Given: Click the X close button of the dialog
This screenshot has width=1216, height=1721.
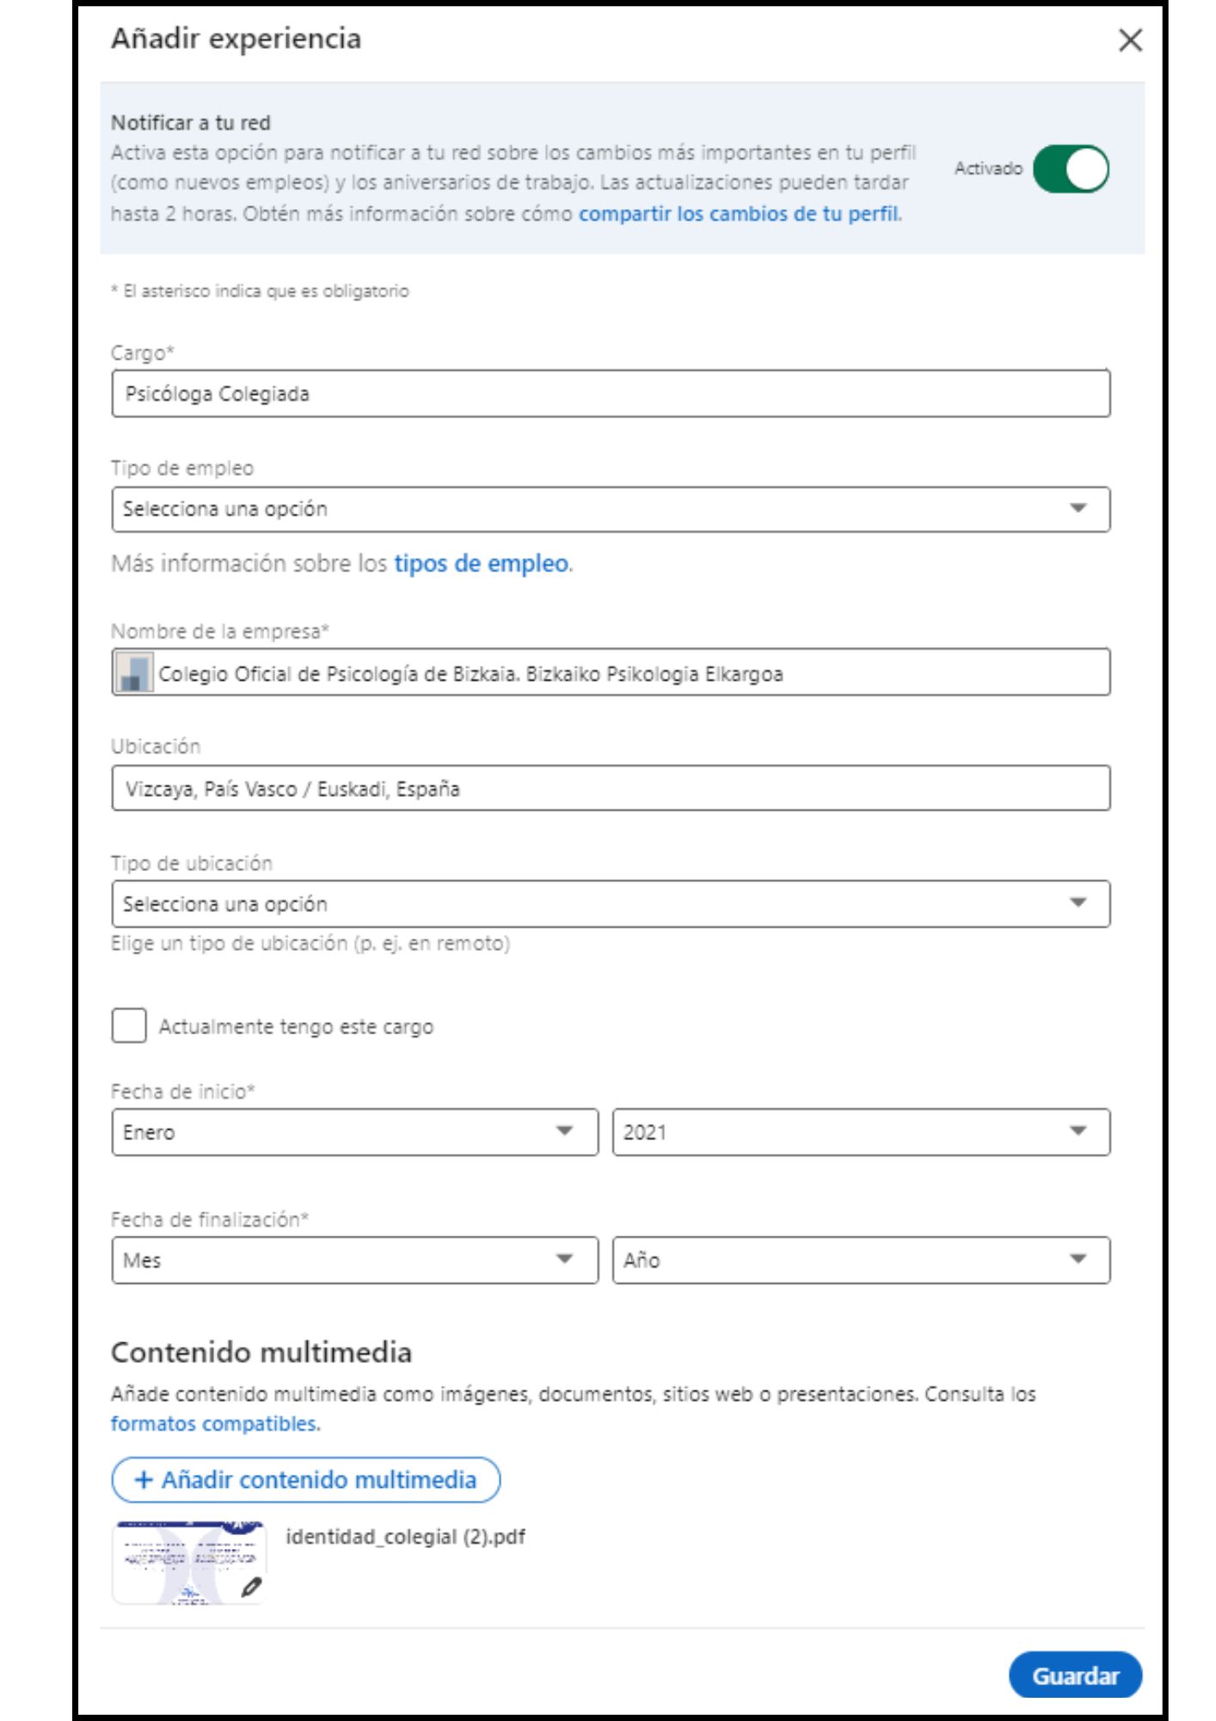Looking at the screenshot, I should [1130, 40].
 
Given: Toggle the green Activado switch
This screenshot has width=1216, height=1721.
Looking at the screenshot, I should [1071, 169].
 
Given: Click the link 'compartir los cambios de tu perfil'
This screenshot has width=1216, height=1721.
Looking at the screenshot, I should [739, 213].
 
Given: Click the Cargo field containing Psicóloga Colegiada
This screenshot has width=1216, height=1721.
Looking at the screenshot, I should [611, 394].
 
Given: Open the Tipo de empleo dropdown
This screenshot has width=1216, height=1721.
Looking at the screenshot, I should [611, 509].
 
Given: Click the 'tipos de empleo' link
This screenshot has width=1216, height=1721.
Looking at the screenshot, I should [481, 564].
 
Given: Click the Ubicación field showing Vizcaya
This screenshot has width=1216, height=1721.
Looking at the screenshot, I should [611, 788].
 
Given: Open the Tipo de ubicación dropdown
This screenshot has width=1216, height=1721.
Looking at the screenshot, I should [611, 904].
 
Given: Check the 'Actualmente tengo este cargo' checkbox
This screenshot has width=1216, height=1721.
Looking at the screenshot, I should [129, 1026].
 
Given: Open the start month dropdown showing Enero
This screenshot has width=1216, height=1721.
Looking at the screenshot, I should [354, 1132].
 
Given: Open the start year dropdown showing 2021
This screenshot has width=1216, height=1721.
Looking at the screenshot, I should [860, 1132].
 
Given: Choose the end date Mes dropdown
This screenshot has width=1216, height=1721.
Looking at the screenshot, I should [354, 1261].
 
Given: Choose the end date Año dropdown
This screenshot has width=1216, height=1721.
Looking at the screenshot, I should [860, 1261].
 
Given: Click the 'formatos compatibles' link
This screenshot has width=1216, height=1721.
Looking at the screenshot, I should [213, 1424].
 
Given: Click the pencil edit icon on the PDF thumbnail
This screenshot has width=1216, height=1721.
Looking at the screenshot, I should [250, 1587].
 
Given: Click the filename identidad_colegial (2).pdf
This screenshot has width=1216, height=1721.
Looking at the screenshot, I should [405, 1537].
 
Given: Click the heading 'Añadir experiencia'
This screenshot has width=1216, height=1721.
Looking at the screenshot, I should [236, 39].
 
